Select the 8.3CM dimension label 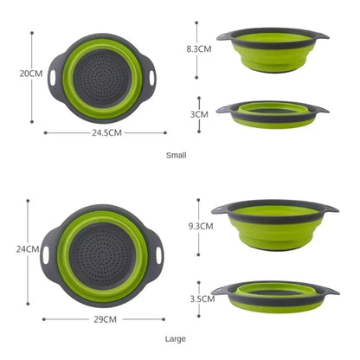(x=199, y=49)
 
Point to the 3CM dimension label (x=199, y=113)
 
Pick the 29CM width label (x=105, y=319)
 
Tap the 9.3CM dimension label (x=200, y=225)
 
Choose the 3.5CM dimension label (x=202, y=299)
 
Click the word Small (x=177, y=155)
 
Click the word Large (x=177, y=339)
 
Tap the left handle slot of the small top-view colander (x=54, y=76)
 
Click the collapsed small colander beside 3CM (x=272, y=113)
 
